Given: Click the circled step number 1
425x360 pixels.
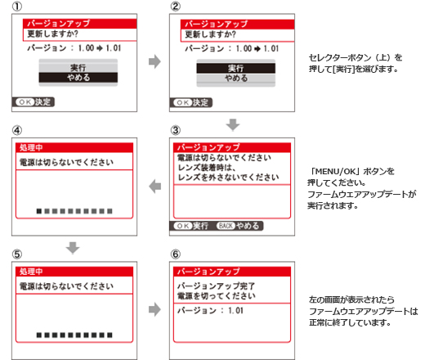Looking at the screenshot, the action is tap(17, 7).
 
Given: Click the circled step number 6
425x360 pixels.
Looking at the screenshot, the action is tap(176, 254).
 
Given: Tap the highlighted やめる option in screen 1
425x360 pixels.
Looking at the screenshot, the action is tap(78, 78).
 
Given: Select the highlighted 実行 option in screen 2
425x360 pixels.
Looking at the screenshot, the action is tap(236, 68).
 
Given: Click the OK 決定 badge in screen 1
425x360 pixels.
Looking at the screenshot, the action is tap(34, 102).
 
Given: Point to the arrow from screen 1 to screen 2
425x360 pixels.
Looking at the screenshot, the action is tap(154, 61).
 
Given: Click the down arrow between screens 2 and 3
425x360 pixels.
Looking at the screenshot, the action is tap(233, 124).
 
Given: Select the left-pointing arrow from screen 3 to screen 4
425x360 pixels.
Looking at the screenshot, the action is tap(155, 187).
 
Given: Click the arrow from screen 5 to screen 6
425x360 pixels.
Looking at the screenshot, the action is tap(154, 309).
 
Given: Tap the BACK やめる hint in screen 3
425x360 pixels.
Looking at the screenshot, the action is tap(238, 226).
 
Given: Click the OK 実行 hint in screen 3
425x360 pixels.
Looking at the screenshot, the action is tap(191, 226).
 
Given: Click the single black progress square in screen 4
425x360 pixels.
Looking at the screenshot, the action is tap(39, 211).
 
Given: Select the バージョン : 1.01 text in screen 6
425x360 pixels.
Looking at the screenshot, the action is tap(210, 310).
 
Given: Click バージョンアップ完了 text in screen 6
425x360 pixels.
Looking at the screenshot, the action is tap(216, 286).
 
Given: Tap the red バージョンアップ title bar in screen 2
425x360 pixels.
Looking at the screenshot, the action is tap(237, 24).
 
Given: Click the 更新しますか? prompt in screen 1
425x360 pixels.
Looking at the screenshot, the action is tap(52, 34).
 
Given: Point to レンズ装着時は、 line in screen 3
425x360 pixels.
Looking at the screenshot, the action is tap(206, 167).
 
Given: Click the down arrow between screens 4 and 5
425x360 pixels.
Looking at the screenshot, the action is tap(73, 248).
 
